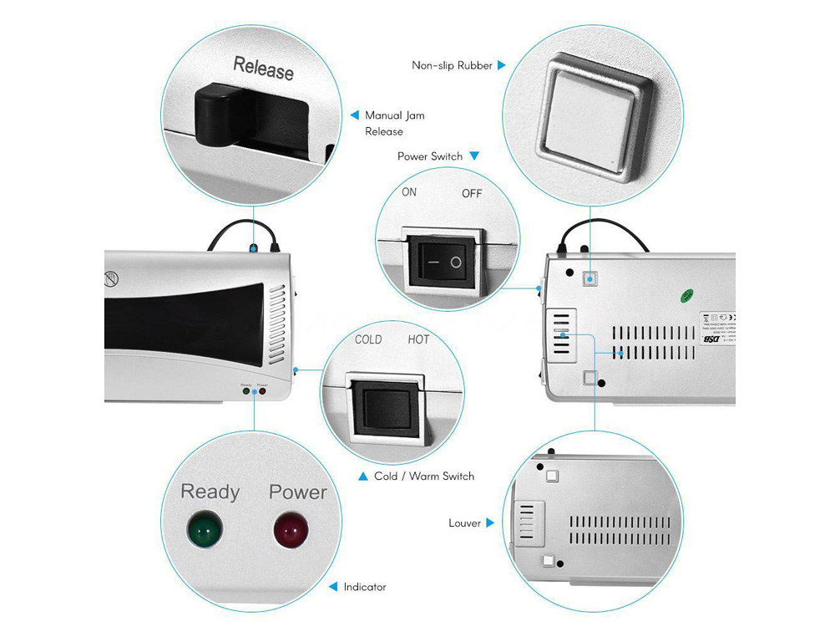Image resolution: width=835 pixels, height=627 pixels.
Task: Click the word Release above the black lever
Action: (x=263, y=68)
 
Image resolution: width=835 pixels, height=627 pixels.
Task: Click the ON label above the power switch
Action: (x=409, y=192)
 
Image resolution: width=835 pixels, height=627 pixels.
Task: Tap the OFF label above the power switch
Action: (x=473, y=194)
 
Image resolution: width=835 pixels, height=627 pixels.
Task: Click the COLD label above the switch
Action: (x=368, y=339)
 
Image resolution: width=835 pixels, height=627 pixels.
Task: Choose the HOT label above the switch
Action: (x=418, y=339)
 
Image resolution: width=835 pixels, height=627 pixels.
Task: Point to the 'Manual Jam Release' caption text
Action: (x=394, y=123)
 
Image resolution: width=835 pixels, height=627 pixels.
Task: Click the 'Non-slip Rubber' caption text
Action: (x=452, y=64)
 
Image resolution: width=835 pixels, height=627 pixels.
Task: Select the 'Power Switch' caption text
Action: (x=430, y=156)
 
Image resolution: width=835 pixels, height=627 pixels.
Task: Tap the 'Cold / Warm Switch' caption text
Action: (x=424, y=477)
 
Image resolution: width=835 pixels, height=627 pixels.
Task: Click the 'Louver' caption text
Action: (x=464, y=523)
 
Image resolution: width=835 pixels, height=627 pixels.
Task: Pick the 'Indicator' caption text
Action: (x=365, y=587)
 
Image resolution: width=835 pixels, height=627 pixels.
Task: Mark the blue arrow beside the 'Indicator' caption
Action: (x=333, y=587)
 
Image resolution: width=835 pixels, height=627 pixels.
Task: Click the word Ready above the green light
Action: (x=210, y=492)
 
